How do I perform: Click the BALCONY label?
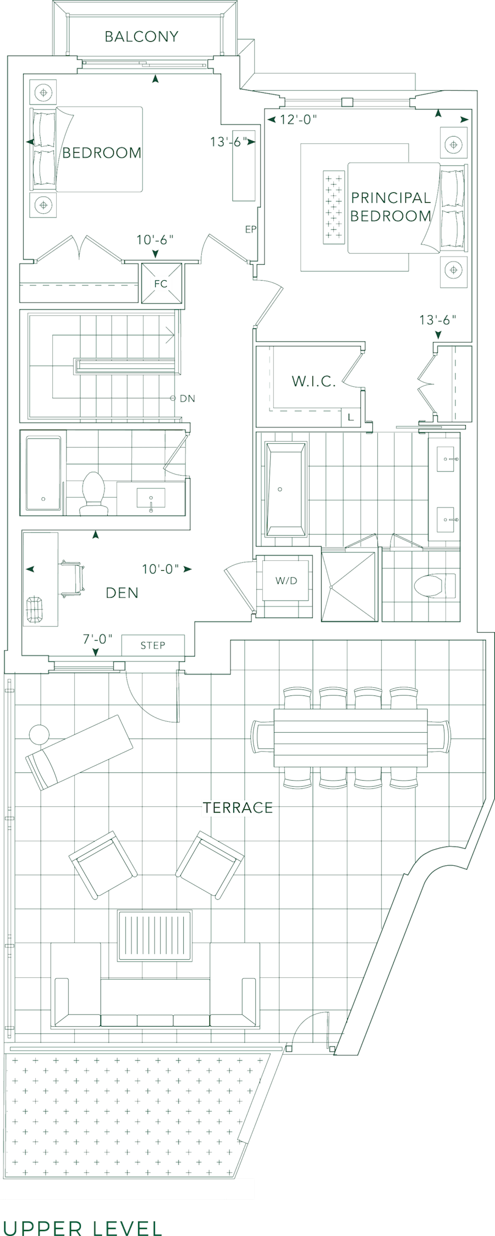141,37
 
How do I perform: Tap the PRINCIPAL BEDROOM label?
391,207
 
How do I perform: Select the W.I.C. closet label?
313,382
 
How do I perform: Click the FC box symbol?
161,283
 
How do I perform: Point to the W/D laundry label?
286,581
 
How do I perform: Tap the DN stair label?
187,398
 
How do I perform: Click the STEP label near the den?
152,645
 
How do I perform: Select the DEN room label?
122,593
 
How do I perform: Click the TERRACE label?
237,808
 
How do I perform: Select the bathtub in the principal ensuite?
286,488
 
